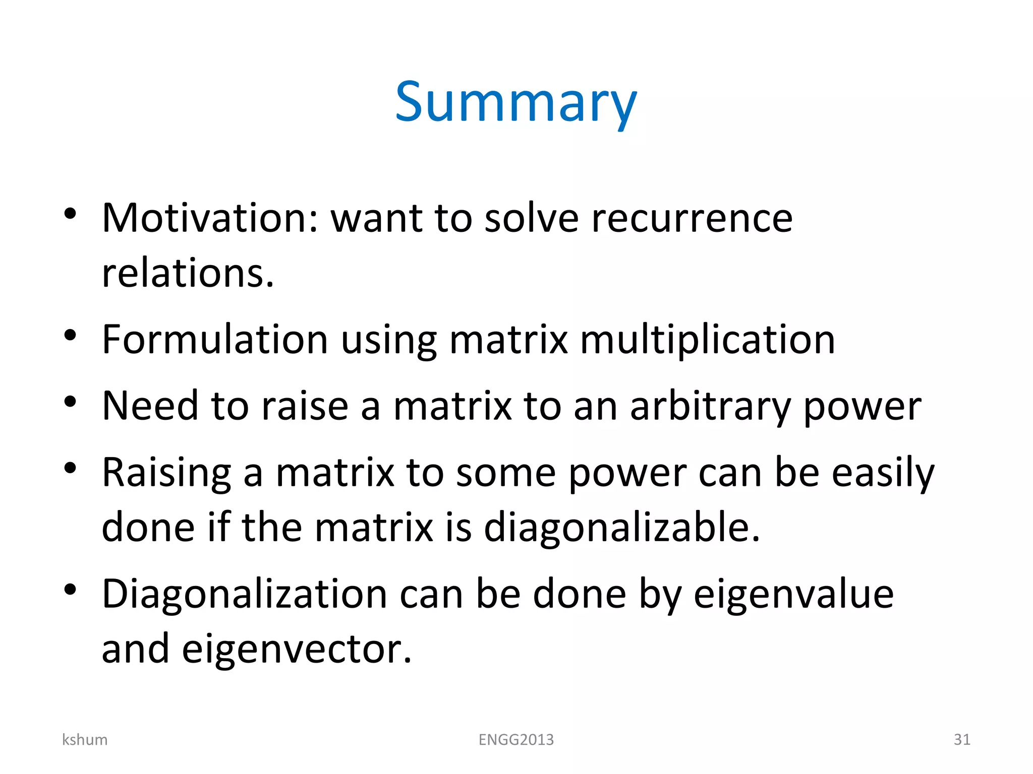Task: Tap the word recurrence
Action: pos(692,218)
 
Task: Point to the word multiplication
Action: pos(708,340)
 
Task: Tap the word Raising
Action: pos(166,473)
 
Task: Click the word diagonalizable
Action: pos(621,527)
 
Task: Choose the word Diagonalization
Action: pos(245,595)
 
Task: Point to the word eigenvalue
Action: pos(793,595)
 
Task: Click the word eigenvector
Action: pos(297,649)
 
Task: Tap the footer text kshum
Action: pos(85,740)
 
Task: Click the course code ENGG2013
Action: pos(516,740)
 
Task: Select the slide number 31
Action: pos(962,740)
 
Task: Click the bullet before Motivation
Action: pos(70,214)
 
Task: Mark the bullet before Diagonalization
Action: pos(70,589)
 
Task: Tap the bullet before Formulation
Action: pos(70,335)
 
